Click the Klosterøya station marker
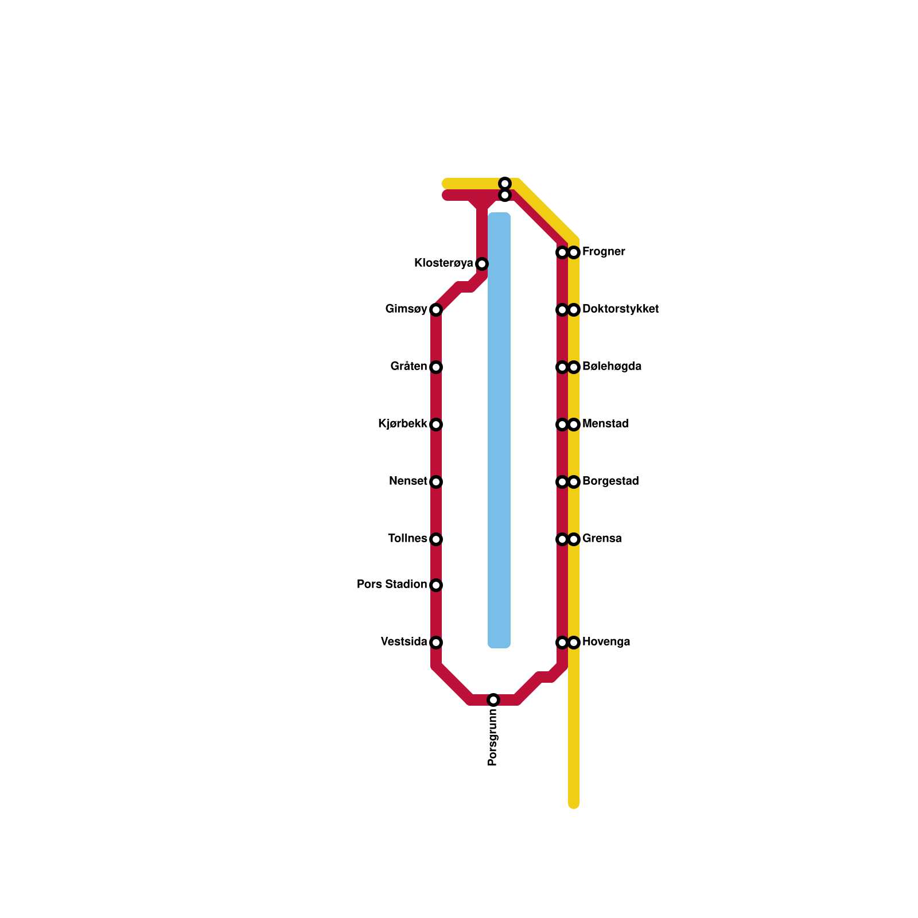coord(482,264)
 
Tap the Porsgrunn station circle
coord(493,700)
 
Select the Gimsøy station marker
coord(436,310)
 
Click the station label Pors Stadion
coord(392,585)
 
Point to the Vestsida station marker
coord(436,643)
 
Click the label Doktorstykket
coord(620,309)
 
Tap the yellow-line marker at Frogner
coord(574,252)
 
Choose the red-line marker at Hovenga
coord(562,643)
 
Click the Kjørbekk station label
coord(403,424)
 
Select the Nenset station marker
coord(436,482)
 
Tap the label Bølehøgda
coord(612,367)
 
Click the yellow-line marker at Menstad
coord(574,425)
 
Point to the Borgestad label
coord(610,481)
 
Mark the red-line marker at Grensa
coord(562,539)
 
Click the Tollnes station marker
coord(436,539)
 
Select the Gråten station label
coord(409,367)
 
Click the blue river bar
coord(499,430)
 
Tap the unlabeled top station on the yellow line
coord(505,184)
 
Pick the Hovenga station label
coord(606,642)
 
